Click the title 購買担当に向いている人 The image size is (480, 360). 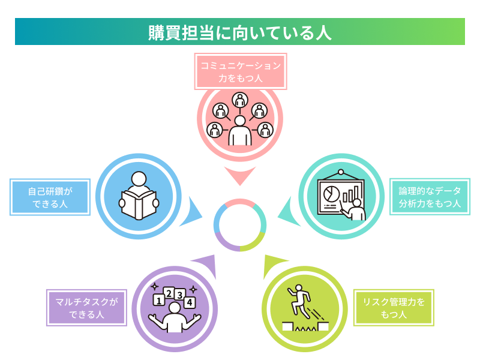click(240, 32)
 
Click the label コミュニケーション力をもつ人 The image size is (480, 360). click(240, 71)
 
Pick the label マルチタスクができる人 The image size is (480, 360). click(87, 308)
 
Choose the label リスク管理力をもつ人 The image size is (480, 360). click(394, 308)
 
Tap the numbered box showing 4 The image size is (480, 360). click(190, 302)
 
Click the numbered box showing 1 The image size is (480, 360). click(159, 299)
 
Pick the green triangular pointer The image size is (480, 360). click(274, 265)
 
